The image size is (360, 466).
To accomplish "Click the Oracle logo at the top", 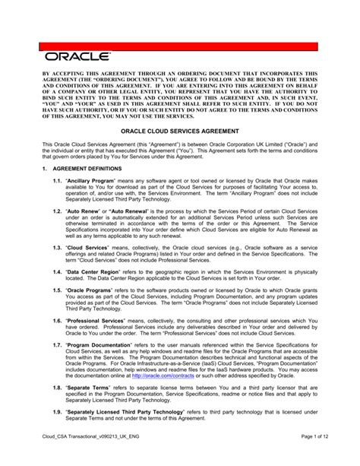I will click(x=76, y=55).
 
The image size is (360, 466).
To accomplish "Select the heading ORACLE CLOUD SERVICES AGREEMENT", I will click(x=180, y=128).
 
